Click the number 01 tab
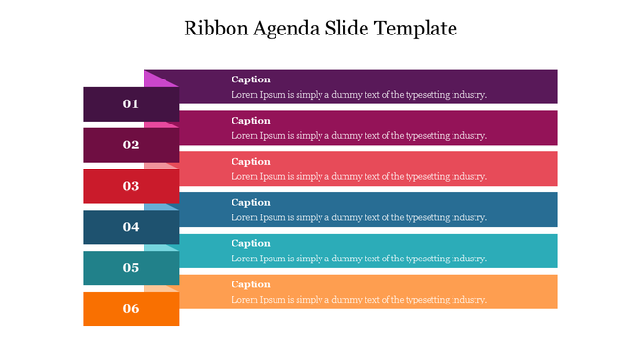(x=131, y=103)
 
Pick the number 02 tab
(x=131, y=145)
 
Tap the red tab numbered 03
(x=131, y=186)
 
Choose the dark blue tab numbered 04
(x=131, y=227)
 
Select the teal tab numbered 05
(x=131, y=268)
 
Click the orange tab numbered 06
(x=131, y=309)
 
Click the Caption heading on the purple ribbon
(x=251, y=79)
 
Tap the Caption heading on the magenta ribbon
(x=251, y=121)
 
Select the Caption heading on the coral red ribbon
(x=251, y=162)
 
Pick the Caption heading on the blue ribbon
(x=251, y=203)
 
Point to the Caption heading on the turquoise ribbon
(x=251, y=243)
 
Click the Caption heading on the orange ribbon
(x=251, y=284)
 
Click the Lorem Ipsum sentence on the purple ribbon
(x=359, y=95)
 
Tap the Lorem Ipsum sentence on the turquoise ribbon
(x=359, y=259)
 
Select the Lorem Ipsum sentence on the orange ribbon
(x=359, y=300)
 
